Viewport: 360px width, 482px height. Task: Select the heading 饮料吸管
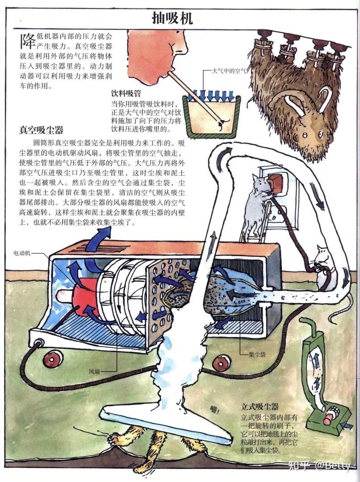pos(126,94)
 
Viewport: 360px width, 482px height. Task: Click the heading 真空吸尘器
pos(41,130)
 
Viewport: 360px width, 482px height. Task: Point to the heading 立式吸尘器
pos(260,407)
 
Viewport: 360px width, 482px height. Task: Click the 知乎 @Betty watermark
pos(319,465)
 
